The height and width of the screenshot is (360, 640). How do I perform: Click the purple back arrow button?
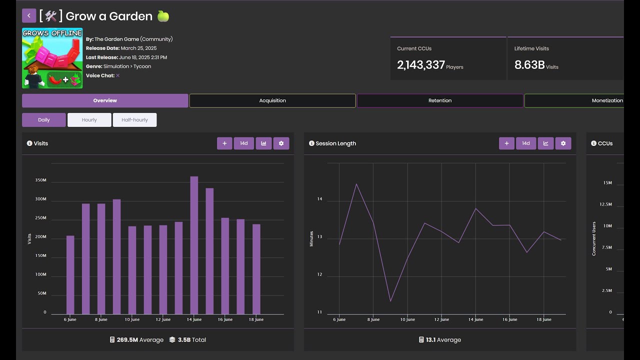[29, 15]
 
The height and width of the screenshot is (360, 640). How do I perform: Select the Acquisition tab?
[272, 100]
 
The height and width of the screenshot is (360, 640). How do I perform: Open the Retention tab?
[440, 100]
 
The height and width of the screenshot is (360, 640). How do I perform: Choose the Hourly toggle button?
[89, 120]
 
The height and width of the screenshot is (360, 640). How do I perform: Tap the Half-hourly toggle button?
[134, 120]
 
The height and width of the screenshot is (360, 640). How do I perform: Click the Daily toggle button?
[44, 120]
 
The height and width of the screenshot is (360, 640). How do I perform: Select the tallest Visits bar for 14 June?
[194, 245]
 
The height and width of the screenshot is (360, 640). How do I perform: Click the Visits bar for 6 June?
[70, 274]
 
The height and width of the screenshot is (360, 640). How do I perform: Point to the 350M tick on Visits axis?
[41, 180]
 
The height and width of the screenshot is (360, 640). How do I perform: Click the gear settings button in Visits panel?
[281, 143]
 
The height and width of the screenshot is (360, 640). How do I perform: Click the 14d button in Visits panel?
[243, 143]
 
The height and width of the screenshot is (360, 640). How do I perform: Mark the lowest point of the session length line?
[390, 301]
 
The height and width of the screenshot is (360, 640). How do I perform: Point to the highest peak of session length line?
[356, 184]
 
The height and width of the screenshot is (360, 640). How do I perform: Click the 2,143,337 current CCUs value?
[420, 65]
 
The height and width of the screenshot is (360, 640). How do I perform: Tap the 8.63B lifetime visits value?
[529, 65]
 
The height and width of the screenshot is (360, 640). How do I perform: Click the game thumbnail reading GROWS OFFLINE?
[52, 58]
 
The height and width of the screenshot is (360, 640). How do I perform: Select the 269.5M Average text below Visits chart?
[136, 340]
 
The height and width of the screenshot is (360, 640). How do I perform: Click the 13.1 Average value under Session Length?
[440, 340]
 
